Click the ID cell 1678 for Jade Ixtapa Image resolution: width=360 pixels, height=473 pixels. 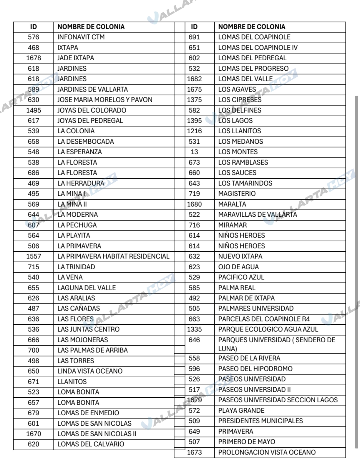pos(34,58)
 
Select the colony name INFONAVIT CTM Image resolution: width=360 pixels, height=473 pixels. pos(81,37)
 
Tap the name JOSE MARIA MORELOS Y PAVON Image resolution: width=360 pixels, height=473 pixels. pos(105,100)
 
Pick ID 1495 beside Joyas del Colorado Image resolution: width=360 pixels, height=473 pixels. pos(34,110)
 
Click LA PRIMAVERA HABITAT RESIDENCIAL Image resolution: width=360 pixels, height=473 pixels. pos(113,256)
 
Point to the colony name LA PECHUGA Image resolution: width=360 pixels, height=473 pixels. pos(77,225)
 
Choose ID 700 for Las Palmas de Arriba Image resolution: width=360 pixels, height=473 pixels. pos(34,350)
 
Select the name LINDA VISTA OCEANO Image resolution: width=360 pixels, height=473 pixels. pos(90,371)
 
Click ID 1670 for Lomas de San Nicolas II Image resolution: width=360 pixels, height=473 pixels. pos(34,434)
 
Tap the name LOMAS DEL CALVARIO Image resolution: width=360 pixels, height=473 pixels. pos(91,444)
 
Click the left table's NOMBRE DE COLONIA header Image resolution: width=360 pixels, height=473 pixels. pos(91,27)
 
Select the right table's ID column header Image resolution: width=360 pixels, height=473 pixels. pos(194,27)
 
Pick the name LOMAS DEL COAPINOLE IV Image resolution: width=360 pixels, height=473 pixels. pos(258,48)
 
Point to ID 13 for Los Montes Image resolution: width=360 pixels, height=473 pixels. pos(194,152)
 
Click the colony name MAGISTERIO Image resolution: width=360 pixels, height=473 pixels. pos(237,194)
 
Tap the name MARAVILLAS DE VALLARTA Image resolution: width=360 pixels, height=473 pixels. pos(258,215)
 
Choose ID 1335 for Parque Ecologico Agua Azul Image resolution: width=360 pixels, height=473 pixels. pos(194,329)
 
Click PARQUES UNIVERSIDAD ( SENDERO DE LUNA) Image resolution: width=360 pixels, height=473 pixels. pos(276,344)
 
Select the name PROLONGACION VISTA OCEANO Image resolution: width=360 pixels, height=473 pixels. pos(267,452)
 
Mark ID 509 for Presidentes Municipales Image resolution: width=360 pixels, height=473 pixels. pos(194,421)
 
